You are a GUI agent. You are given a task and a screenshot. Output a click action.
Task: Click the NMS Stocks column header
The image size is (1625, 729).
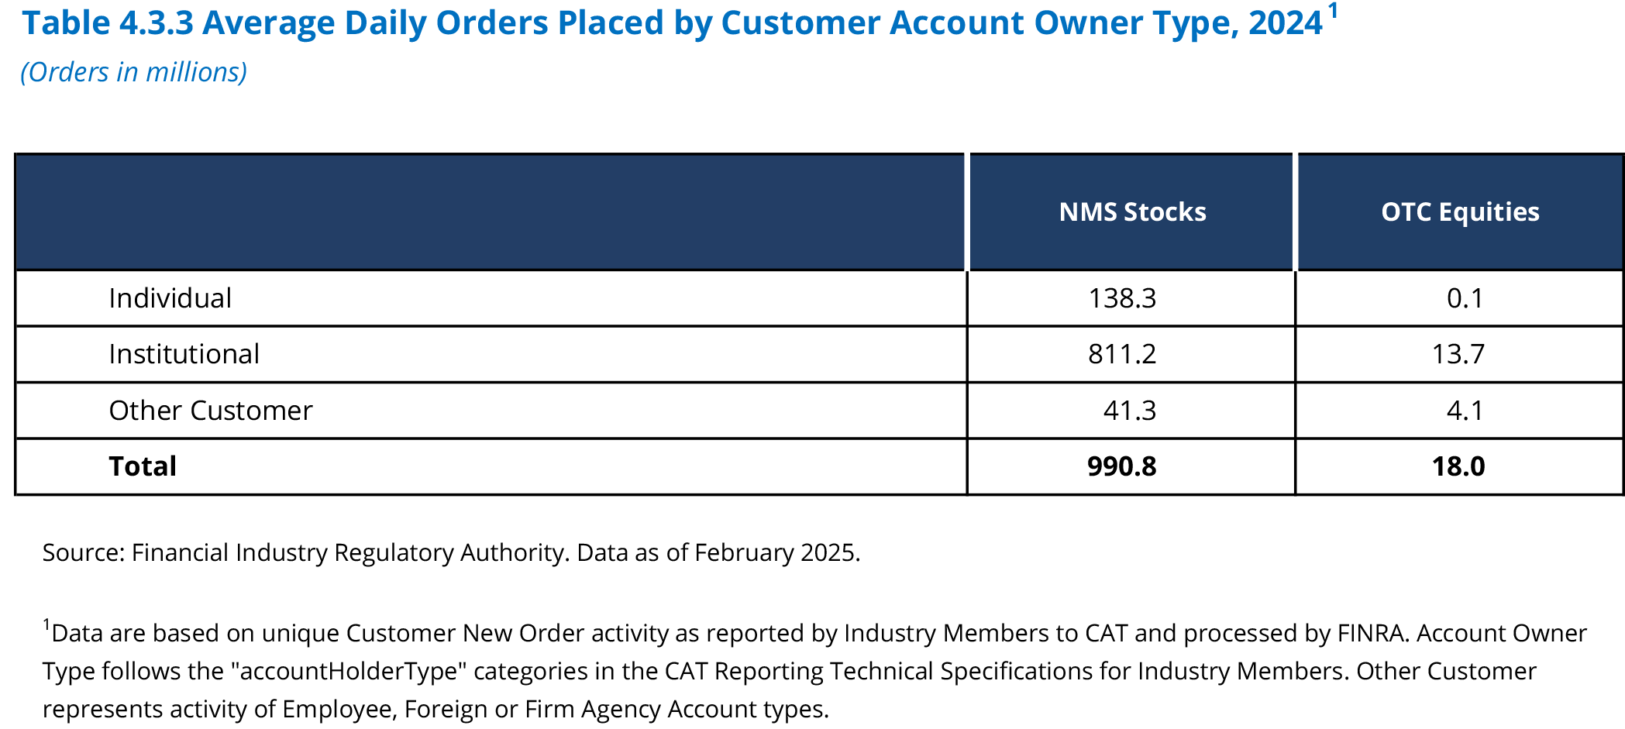[x=1132, y=212]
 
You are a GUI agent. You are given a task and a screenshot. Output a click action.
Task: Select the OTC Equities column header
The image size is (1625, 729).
[x=1460, y=212]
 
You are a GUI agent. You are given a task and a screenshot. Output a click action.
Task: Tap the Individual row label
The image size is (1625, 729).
[x=170, y=298]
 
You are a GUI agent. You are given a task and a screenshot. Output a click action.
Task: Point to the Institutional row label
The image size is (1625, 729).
[x=184, y=354]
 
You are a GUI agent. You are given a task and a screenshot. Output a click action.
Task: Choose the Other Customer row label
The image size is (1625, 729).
[x=210, y=411]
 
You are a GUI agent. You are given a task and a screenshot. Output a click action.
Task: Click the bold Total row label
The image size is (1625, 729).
[x=143, y=466]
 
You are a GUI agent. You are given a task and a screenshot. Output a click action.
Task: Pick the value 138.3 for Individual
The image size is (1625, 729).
[x=1121, y=298]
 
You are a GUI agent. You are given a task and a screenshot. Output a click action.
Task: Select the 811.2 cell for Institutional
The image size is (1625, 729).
[x=1121, y=354]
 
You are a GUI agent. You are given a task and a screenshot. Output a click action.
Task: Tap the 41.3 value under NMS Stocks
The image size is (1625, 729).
[x=1129, y=411]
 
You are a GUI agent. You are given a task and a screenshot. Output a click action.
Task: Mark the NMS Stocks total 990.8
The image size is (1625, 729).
[x=1121, y=466]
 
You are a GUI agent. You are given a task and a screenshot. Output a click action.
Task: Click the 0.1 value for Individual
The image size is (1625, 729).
[x=1465, y=298]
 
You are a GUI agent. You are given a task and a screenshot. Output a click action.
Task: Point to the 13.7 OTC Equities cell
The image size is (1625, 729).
[x=1458, y=354]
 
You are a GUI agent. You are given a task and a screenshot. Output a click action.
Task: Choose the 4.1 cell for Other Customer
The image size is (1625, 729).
[x=1465, y=411]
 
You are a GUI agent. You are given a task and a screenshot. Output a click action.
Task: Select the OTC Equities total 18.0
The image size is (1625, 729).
[x=1458, y=466]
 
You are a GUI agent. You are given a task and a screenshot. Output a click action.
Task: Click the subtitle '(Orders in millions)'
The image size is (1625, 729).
[x=133, y=72]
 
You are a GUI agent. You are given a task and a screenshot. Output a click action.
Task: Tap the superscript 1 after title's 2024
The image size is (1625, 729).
[x=1333, y=11]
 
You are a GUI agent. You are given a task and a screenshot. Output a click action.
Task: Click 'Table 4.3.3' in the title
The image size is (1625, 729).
[x=108, y=23]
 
